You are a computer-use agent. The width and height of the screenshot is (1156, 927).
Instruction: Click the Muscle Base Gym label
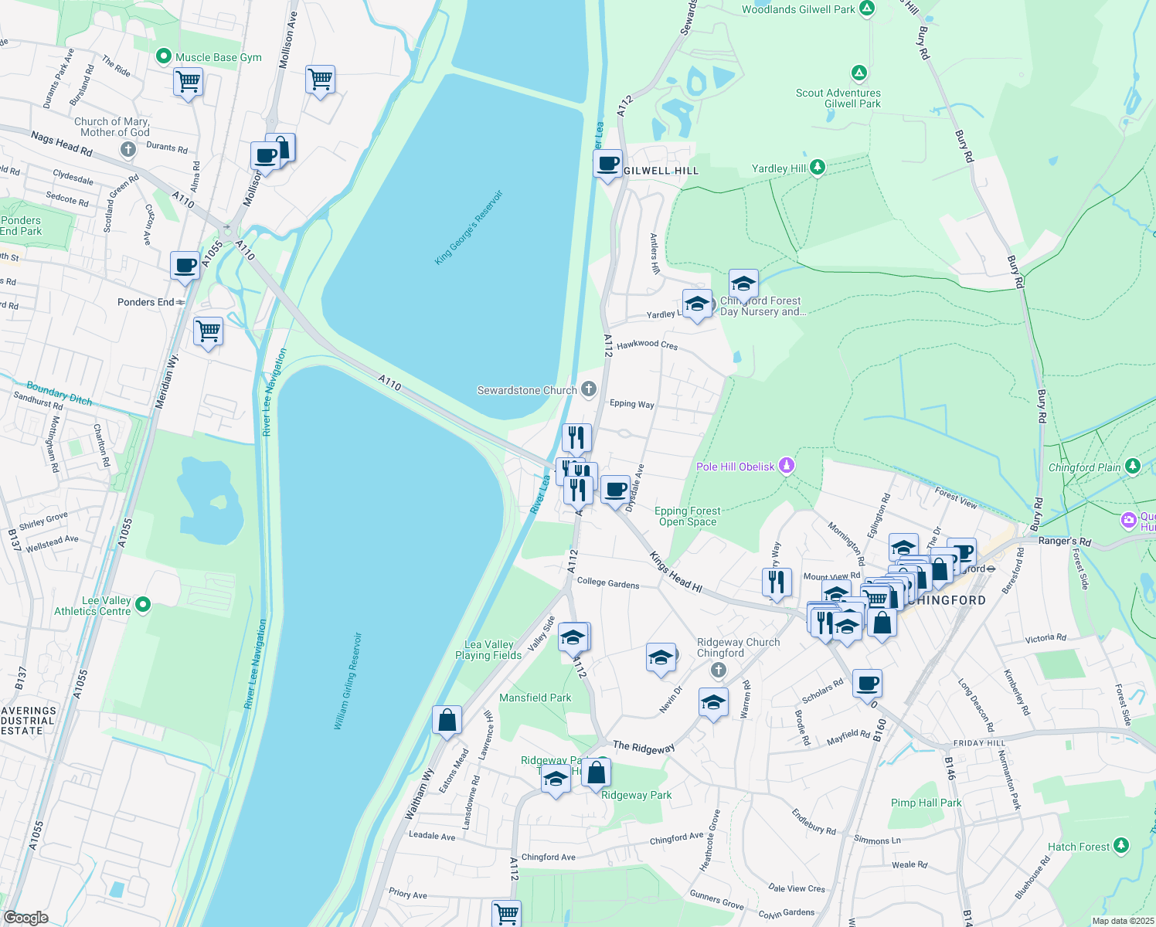point(218,57)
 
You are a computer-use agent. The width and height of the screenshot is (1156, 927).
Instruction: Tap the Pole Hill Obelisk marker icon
point(787,466)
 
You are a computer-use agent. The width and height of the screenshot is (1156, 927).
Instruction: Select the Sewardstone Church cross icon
point(589,389)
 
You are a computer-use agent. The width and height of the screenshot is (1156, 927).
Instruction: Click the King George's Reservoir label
point(468,228)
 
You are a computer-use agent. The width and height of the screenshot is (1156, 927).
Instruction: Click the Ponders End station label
point(146,302)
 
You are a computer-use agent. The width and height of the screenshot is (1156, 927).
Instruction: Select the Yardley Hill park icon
point(817,168)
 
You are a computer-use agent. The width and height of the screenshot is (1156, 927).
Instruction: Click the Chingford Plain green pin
point(1132,466)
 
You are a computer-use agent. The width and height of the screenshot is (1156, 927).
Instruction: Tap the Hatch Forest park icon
point(1121,846)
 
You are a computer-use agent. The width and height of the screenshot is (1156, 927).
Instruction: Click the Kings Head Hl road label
point(675,572)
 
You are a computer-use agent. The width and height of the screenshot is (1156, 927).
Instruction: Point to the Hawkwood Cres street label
point(647,345)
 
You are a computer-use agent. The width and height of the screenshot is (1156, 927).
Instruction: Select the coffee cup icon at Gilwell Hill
point(608,164)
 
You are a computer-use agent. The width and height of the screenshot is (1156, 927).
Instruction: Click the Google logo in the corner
point(25,917)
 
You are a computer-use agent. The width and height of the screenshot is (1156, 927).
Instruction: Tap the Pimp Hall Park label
point(926,803)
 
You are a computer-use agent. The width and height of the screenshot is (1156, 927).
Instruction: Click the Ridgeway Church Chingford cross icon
point(720,671)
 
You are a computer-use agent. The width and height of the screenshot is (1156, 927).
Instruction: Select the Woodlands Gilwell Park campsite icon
point(867,8)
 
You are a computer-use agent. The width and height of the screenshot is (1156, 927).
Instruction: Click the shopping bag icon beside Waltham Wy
point(447,720)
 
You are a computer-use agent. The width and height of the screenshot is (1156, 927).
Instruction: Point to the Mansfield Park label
point(535,698)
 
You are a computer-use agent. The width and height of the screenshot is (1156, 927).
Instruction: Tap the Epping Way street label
point(631,403)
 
